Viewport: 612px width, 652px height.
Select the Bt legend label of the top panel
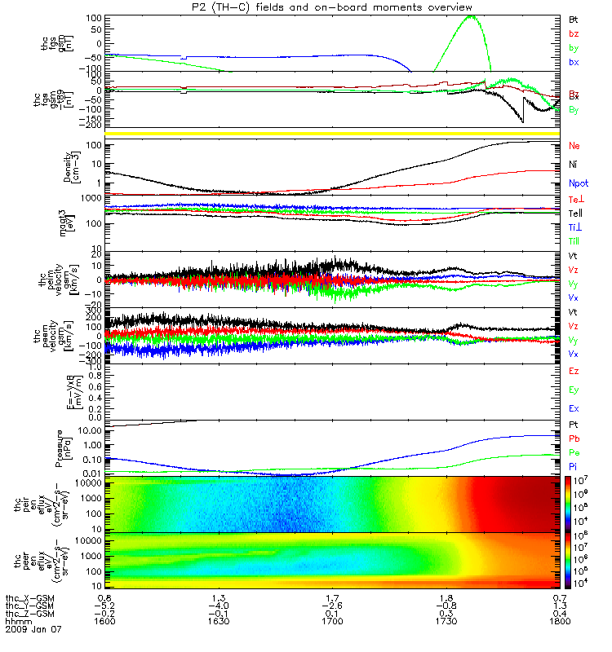(x=574, y=18)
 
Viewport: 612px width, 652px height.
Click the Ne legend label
(x=574, y=146)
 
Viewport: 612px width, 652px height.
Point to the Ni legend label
(x=574, y=165)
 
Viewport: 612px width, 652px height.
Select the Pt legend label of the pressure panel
(x=574, y=425)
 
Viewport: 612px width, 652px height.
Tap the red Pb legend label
(x=574, y=438)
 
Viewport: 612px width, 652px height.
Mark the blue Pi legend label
(x=574, y=465)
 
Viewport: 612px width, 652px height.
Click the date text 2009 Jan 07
(x=33, y=630)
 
